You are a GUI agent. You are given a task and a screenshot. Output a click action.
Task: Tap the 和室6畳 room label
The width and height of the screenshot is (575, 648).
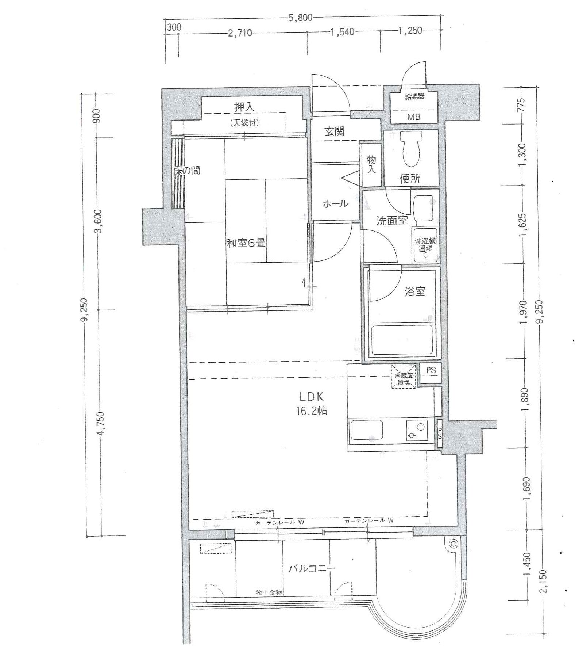tap(246, 243)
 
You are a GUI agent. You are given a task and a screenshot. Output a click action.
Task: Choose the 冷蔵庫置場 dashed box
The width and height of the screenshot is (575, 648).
tap(404, 376)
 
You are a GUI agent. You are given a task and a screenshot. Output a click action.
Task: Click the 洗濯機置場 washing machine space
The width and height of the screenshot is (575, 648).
tap(425, 245)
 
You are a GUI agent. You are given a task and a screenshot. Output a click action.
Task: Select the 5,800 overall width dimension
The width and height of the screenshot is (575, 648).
tap(301, 18)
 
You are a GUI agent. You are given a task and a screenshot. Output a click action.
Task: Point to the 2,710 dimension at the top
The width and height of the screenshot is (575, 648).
tap(240, 33)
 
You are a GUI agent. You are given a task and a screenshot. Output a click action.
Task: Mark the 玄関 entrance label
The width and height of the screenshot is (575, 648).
tap(335, 131)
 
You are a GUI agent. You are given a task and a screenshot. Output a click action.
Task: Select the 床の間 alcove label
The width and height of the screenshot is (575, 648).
tap(187, 171)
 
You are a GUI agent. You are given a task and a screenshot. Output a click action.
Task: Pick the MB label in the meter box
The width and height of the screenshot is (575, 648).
tap(414, 117)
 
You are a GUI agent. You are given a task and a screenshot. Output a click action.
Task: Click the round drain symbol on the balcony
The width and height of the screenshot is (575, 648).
tap(454, 544)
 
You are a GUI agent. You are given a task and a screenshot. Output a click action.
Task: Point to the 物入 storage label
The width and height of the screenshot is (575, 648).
tap(371, 164)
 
